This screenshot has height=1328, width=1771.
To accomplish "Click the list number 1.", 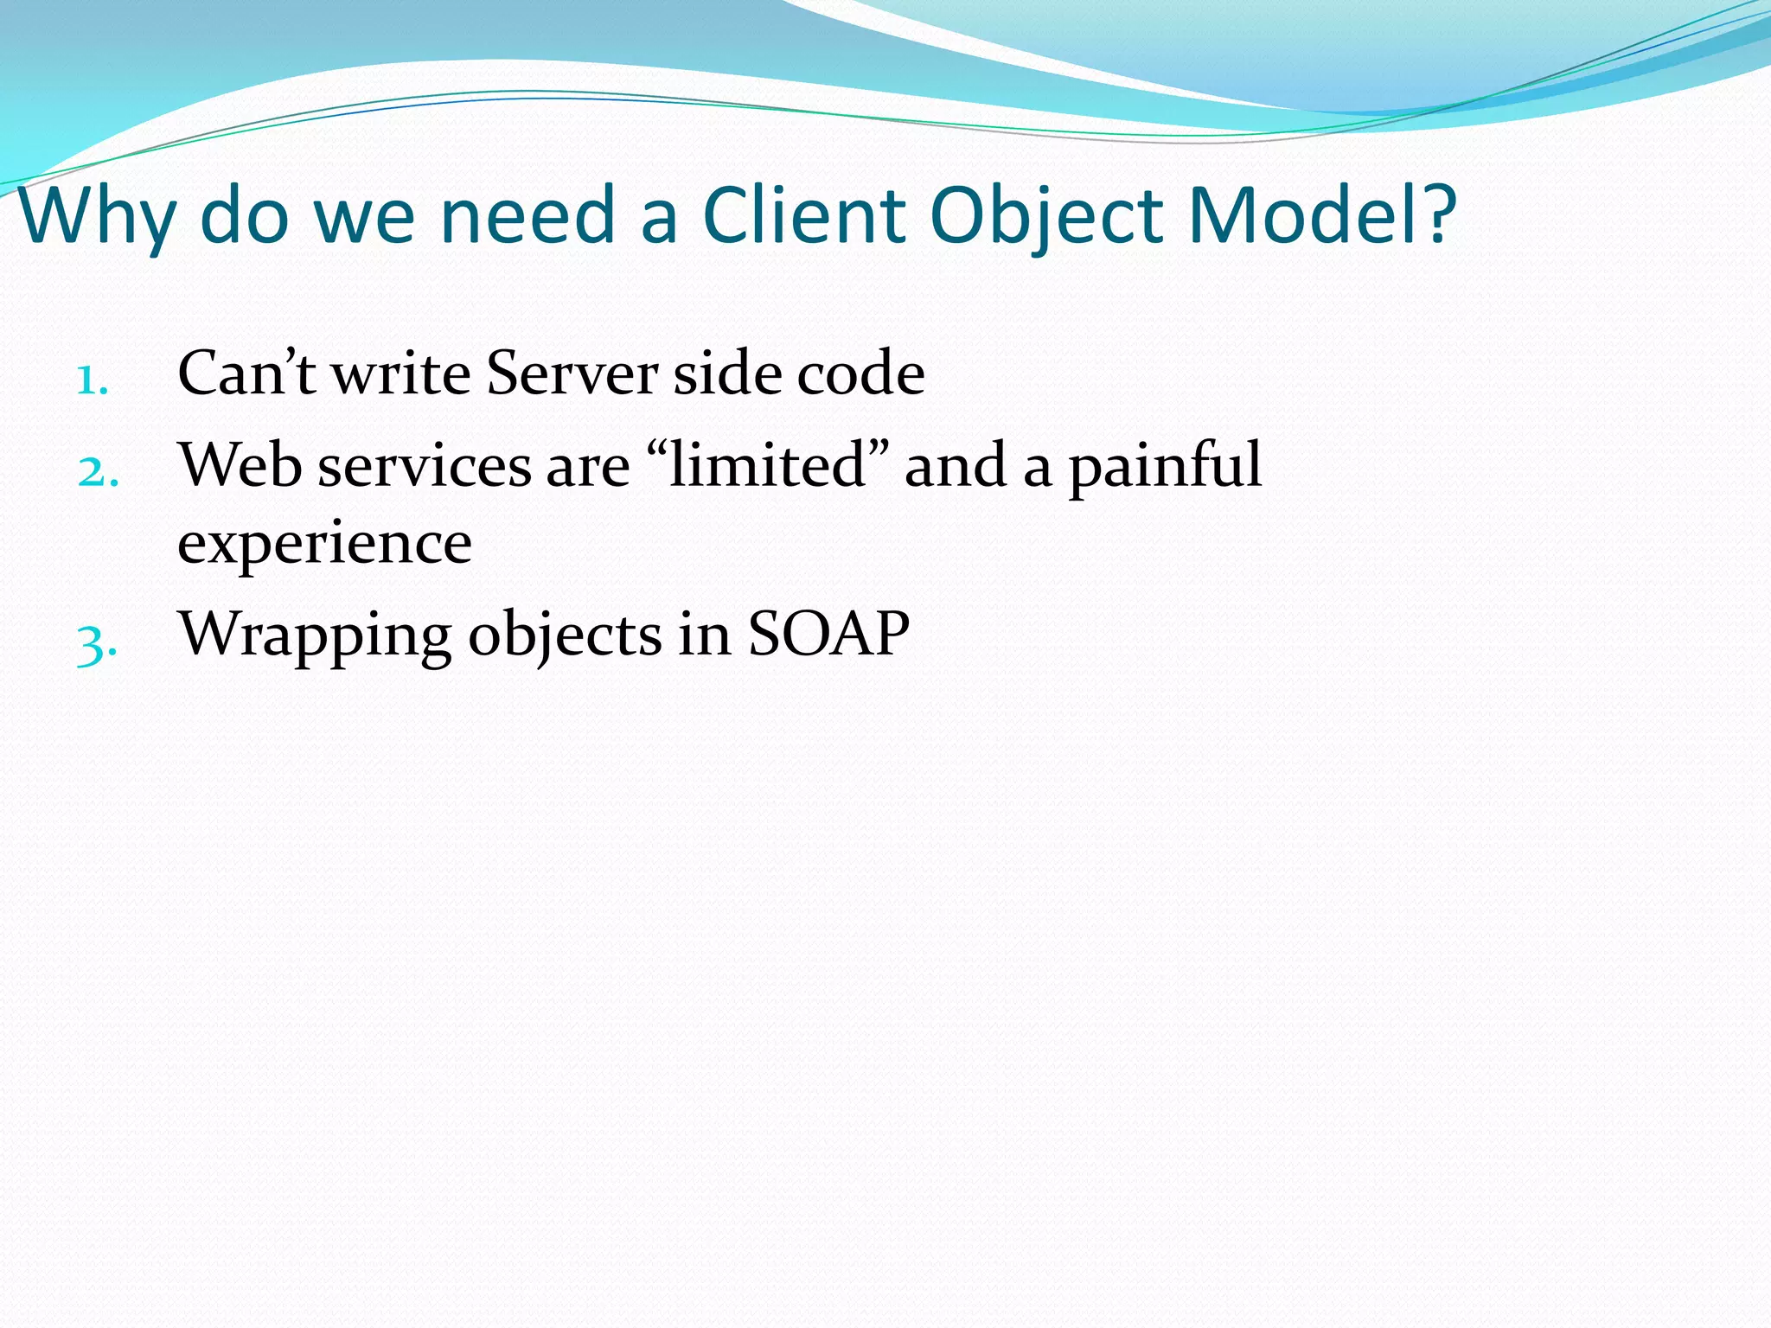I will (92, 380).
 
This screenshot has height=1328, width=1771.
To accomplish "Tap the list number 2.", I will (98, 473).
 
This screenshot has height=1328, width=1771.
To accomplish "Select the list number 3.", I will (96, 644).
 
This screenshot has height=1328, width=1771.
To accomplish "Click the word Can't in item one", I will (246, 373).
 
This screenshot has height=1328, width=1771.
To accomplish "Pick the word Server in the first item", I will (572, 373).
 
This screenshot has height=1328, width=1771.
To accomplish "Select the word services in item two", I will (424, 465).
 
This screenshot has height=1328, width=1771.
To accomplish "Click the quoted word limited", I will (768, 465).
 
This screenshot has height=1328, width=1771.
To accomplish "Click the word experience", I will (324, 543).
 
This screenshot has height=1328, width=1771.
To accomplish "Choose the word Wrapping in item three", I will (314, 636).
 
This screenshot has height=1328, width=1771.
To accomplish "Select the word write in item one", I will (401, 373).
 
